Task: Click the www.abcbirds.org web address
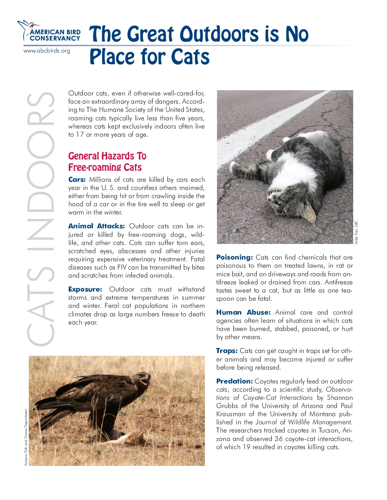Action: pos(47,51)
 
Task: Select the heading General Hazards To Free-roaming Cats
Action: pos(107,162)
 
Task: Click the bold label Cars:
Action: pos(77,180)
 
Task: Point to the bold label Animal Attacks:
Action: pos(96,226)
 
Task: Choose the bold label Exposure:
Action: pos(85,289)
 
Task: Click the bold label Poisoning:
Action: pos(234,257)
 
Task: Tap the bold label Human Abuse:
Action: pos(243,312)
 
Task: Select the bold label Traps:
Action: pos(227,351)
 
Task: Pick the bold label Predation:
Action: pos(234,381)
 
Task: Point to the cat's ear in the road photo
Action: pos(308,212)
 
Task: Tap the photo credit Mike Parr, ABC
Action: pos(356,232)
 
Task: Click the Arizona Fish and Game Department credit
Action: pos(26,437)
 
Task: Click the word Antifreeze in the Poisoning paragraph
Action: pos(338,282)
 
